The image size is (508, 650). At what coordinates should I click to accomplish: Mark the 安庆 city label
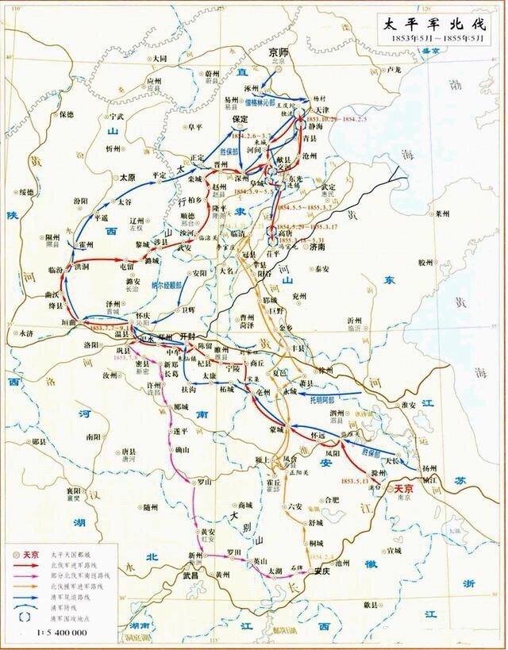click(321, 571)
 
